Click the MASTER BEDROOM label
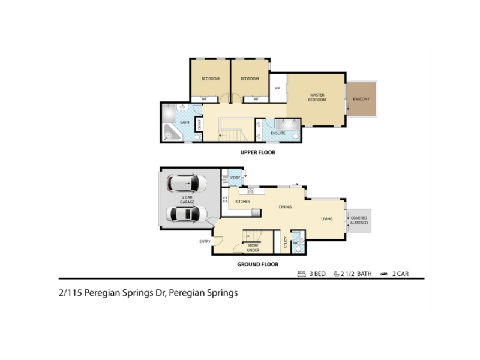(x=317, y=97)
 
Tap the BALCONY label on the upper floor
(x=361, y=99)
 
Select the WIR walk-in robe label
(x=277, y=88)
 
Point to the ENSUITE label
(x=278, y=133)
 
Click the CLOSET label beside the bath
(x=199, y=125)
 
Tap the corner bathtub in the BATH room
(x=172, y=132)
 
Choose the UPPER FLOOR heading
(x=258, y=152)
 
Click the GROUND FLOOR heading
(x=258, y=264)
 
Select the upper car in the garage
(x=187, y=183)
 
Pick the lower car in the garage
(x=187, y=214)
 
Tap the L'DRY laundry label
(x=235, y=178)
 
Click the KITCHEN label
(x=242, y=202)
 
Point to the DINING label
(x=285, y=207)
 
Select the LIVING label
(x=326, y=218)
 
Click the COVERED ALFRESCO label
(x=359, y=220)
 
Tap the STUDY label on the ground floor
(x=286, y=242)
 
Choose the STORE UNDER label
(x=253, y=248)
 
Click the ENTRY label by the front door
(x=205, y=241)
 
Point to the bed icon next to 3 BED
(x=302, y=274)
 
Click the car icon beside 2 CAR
(x=383, y=274)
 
